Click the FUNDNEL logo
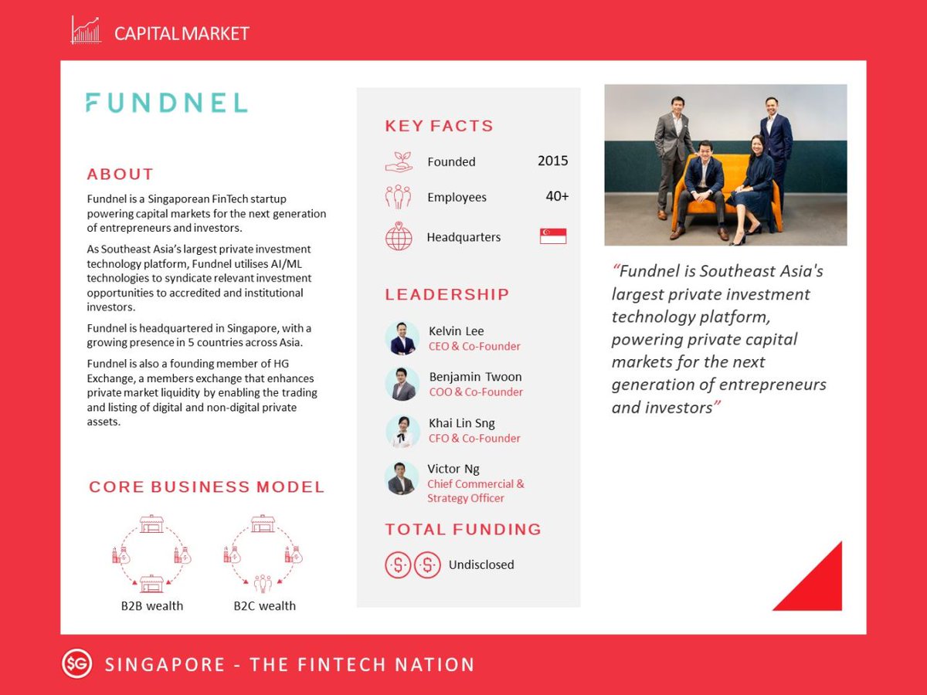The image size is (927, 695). coord(166,103)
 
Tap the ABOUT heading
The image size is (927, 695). coord(121,175)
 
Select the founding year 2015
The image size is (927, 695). coord(552,161)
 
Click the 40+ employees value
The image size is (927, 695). coord(557,196)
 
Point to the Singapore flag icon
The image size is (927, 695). coord(553,236)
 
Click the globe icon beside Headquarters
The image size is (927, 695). coord(399,236)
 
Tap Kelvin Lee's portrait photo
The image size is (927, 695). coord(402,338)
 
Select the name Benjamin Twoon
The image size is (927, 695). coord(475,377)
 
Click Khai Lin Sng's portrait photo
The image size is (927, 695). coord(402,431)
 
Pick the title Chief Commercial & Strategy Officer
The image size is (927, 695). coord(475,491)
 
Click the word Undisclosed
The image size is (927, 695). coord(481,564)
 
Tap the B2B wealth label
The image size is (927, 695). coord(152,605)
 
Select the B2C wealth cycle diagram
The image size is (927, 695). coord(263,552)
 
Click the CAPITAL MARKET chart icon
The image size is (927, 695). coord(86,31)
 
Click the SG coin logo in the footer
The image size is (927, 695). coord(76,664)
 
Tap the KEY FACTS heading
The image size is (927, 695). coord(439,126)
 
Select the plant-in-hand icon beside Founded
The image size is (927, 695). coord(399,161)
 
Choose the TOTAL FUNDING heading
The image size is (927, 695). coord(463,530)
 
